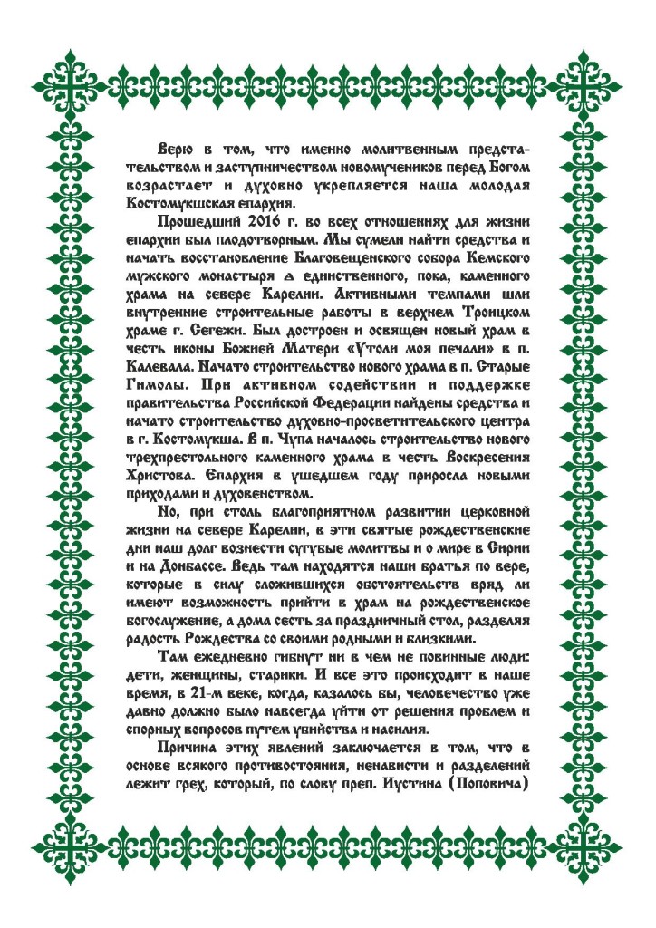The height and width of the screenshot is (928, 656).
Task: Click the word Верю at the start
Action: click(176, 149)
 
